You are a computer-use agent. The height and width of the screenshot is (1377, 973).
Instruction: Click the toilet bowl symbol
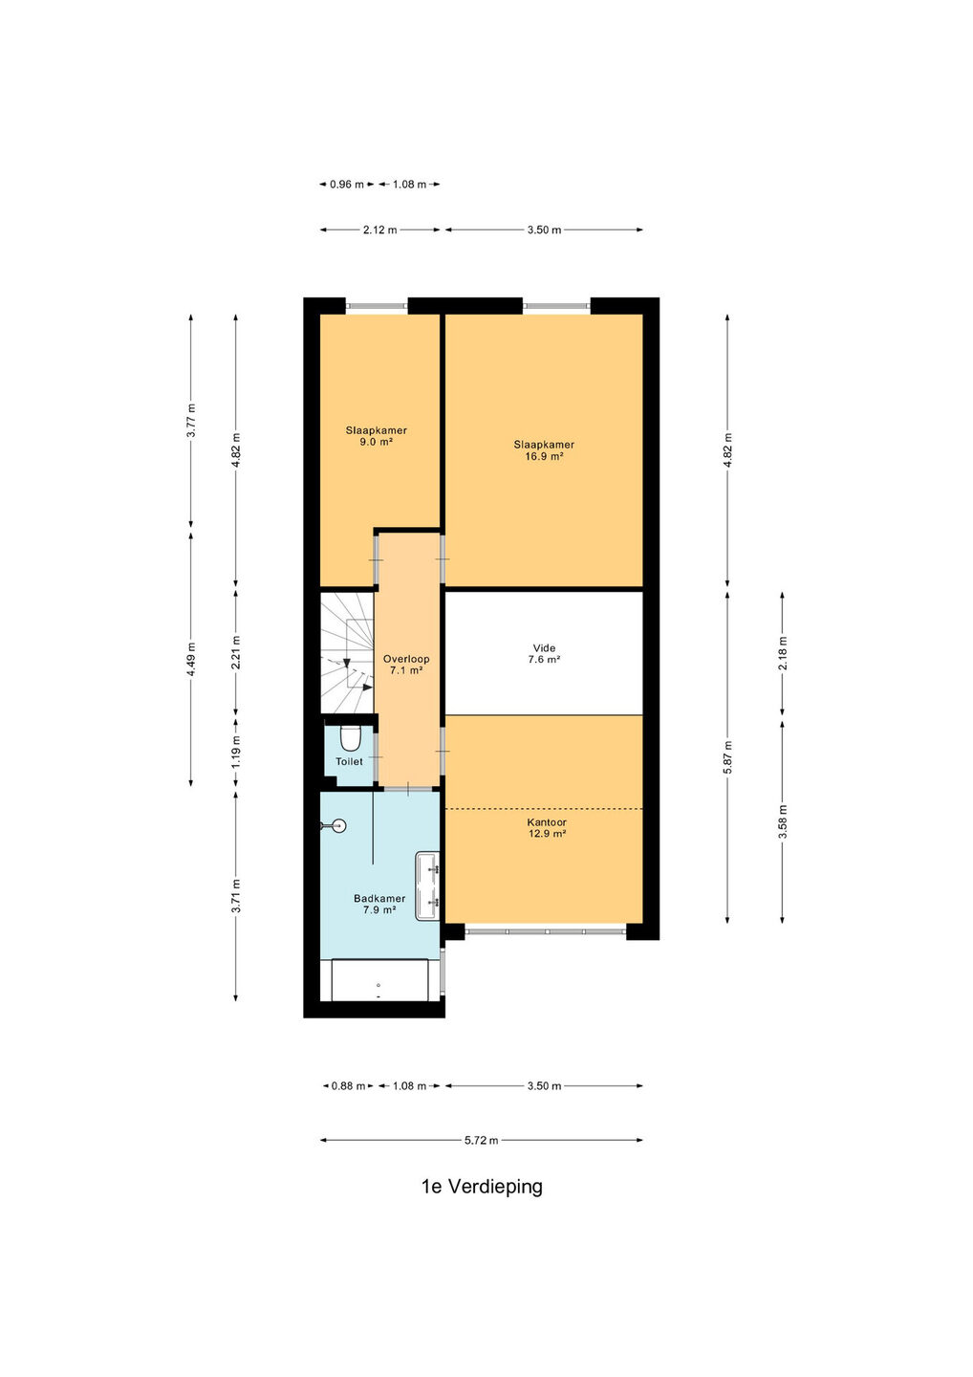(350, 738)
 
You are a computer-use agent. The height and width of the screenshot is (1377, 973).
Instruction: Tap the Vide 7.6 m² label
(544, 653)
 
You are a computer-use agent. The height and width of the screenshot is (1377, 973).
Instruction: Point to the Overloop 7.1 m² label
(406, 665)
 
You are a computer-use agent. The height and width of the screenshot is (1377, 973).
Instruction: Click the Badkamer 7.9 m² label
(379, 905)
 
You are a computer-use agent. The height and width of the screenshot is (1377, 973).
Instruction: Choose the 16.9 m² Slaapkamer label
(544, 450)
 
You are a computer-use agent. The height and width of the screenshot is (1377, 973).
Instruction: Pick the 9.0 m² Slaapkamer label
(376, 436)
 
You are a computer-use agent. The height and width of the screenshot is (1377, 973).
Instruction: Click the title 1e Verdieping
(482, 1186)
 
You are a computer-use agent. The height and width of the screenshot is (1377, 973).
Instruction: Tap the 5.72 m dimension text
(481, 1140)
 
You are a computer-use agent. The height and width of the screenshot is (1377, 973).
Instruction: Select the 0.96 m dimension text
(347, 184)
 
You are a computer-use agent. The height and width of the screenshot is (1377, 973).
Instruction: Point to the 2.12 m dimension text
(379, 229)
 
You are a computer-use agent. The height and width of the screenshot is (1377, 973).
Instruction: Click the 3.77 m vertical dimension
(191, 421)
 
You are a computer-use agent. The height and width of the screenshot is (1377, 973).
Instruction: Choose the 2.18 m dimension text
(782, 654)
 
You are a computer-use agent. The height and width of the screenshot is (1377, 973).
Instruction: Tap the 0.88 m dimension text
(348, 1085)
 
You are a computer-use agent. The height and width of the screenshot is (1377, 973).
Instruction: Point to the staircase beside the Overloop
(347, 652)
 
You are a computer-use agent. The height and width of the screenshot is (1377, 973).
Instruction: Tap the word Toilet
(349, 761)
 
